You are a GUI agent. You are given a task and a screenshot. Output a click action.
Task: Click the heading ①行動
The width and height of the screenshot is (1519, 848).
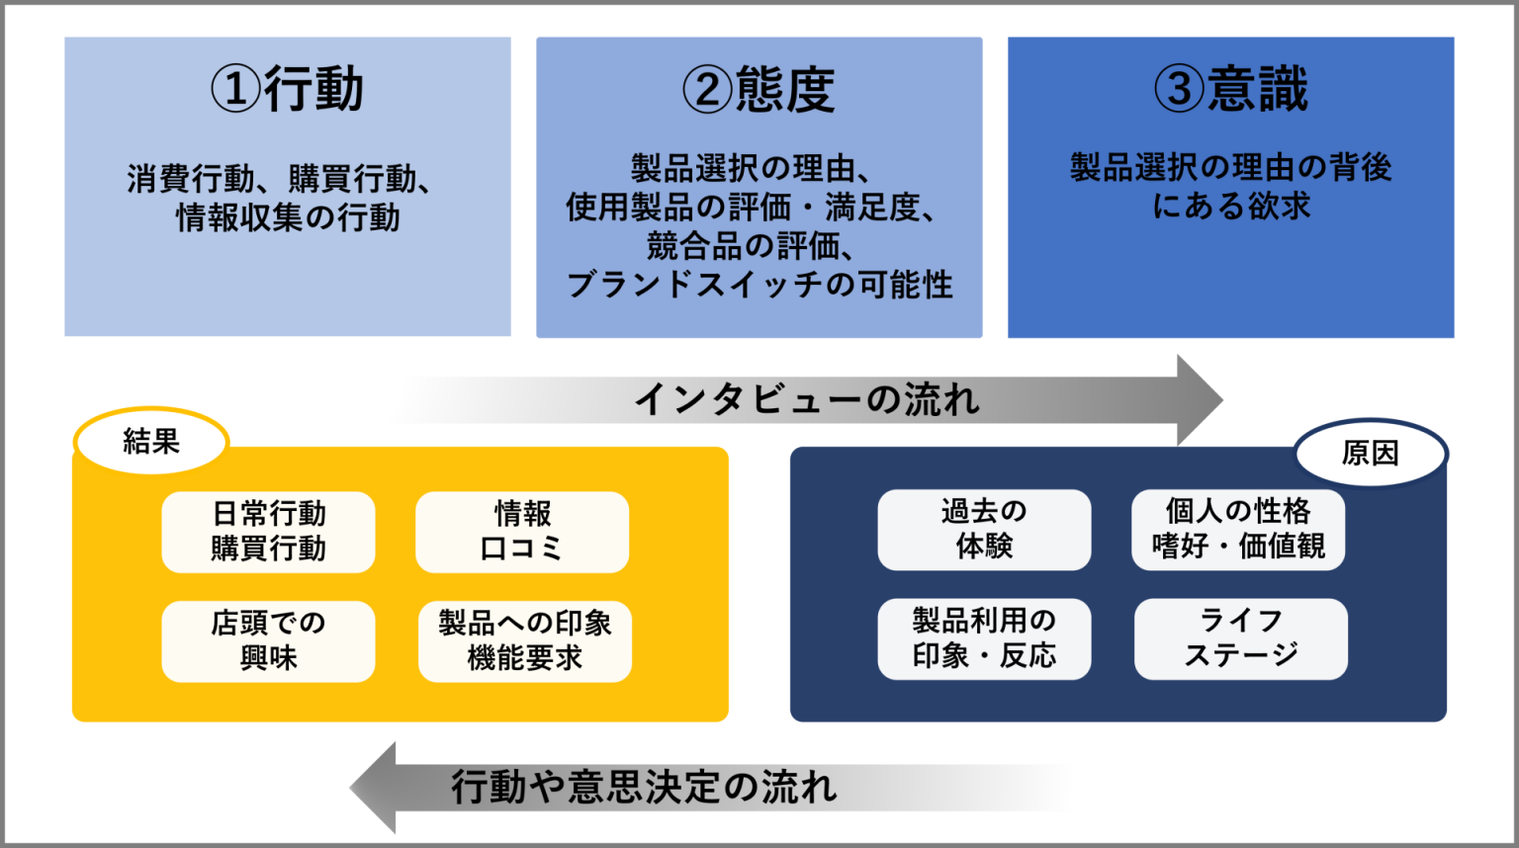[287, 89]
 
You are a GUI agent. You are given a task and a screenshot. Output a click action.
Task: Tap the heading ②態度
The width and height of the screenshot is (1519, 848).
[759, 89]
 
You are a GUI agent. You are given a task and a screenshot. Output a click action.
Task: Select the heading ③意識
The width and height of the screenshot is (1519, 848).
[1231, 88]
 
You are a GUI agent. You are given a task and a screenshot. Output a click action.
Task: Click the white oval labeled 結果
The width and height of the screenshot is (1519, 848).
[151, 441]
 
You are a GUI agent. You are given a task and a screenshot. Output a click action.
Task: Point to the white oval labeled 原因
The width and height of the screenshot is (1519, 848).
[1370, 453]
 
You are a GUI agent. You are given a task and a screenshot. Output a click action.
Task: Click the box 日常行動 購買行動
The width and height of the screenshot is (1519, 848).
[268, 532]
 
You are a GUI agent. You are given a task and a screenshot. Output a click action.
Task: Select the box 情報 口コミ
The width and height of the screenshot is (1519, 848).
[522, 532]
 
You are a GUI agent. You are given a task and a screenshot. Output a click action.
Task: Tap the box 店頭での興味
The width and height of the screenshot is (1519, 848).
[268, 640]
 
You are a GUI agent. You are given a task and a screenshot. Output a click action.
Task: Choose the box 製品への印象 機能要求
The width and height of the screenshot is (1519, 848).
[525, 640]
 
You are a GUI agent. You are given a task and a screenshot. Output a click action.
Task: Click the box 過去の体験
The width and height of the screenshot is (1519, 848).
[984, 529]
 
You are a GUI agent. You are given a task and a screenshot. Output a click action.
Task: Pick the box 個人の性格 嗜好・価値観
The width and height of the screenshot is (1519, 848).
[1238, 529]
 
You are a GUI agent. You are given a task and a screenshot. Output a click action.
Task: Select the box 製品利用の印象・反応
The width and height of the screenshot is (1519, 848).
[984, 638]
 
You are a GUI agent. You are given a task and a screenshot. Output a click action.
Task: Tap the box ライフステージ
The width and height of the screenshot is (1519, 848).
[1241, 638]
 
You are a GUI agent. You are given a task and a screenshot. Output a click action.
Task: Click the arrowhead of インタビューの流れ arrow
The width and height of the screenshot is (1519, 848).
[1199, 399]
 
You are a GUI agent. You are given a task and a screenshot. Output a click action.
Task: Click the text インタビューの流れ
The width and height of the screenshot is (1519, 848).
[806, 399]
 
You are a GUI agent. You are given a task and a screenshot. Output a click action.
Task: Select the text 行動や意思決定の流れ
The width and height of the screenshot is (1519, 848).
[644, 788]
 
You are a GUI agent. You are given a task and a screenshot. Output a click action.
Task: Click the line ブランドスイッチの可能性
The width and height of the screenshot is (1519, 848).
[759, 285]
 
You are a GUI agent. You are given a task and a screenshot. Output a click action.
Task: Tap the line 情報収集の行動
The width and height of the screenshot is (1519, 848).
[288, 217]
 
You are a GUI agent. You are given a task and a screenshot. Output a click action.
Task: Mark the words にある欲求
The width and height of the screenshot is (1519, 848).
[1231, 206]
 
